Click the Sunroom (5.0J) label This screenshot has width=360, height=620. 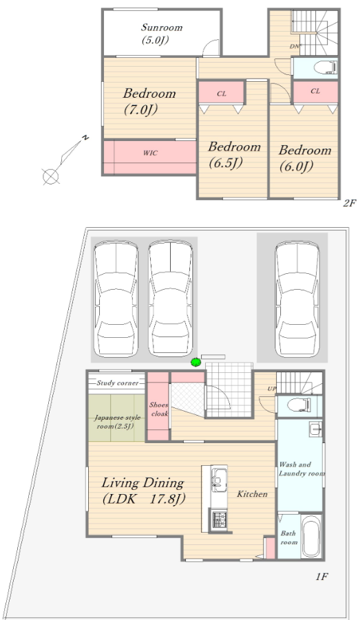pyautogui.click(x=162, y=34)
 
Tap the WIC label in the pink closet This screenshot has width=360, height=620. pyautogui.click(x=150, y=153)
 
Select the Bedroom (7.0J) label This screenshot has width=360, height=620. pyautogui.click(x=149, y=101)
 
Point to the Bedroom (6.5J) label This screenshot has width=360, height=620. pyautogui.click(x=234, y=154)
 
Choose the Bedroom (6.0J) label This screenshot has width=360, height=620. pyautogui.click(x=305, y=158)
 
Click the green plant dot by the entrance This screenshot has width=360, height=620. pyautogui.click(x=195, y=362)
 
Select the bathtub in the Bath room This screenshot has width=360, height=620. pyautogui.click(x=310, y=536)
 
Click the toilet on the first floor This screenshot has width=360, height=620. pyautogui.click(x=299, y=405)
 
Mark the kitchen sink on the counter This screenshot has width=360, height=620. pyautogui.click(x=219, y=479)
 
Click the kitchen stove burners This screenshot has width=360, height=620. pyautogui.click(x=219, y=520)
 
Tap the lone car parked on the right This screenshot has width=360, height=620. pyautogui.click(x=297, y=299)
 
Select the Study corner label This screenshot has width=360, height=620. pyautogui.click(x=118, y=383)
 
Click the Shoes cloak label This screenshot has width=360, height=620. pyautogui.click(x=158, y=409)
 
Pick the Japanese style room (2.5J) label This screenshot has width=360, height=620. pyautogui.click(x=117, y=422)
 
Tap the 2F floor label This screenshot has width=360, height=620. pyautogui.click(x=350, y=203)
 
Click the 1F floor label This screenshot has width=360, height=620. pyautogui.click(x=322, y=577)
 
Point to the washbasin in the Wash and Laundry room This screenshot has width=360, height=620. pyautogui.click(x=315, y=429)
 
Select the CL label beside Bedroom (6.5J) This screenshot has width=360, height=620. pyautogui.click(x=222, y=94)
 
